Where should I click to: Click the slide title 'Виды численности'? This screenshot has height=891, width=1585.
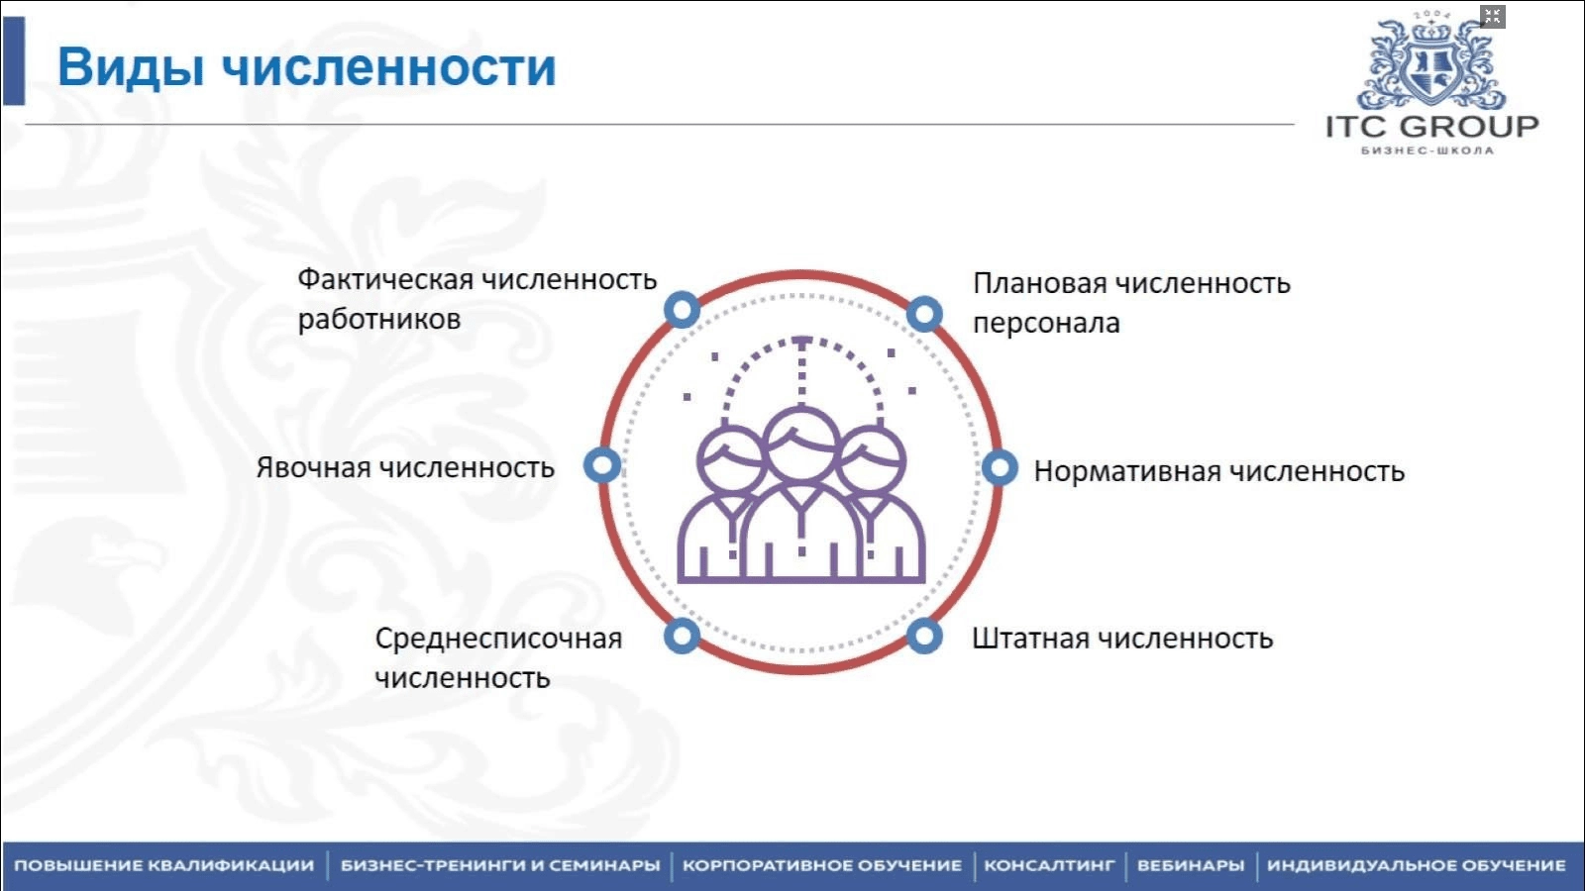coord(306,68)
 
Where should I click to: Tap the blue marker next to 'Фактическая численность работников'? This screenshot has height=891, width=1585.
coord(683,310)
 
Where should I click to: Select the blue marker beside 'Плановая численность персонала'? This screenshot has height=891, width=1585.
coord(924,314)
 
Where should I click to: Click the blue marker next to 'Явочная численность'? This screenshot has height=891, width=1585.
coord(602,466)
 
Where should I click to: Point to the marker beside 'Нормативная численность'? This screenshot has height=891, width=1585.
coord(1000,468)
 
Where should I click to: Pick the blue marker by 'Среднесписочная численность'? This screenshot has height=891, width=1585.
coord(683,636)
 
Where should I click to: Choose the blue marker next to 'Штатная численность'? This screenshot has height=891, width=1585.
coord(924,636)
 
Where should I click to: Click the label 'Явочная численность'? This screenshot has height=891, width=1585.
coord(405,467)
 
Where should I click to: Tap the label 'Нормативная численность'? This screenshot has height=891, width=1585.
coord(1218,471)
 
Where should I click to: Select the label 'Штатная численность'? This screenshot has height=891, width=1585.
coord(1122,639)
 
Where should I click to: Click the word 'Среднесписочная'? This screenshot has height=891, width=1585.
coord(499,639)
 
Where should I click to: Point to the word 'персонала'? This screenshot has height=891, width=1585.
coord(1046,323)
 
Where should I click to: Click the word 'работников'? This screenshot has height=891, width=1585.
coord(379,320)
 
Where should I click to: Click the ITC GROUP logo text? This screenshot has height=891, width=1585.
coord(1431,128)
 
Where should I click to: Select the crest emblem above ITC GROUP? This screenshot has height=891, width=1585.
coord(1431,60)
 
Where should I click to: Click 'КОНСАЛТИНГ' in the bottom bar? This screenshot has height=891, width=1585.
coord(1049,865)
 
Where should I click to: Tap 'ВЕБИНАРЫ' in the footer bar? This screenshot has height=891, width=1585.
coord(1191,865)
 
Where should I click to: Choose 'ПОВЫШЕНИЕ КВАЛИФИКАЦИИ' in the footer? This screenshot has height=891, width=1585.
coord(164,865)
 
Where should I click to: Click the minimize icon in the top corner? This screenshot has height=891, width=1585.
coord(1492,16)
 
